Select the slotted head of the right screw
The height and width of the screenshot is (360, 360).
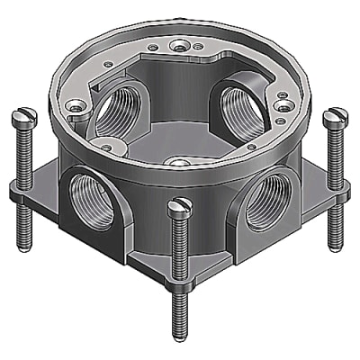(x=337, y=115)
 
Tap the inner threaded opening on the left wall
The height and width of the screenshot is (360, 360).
(x=120, y=116)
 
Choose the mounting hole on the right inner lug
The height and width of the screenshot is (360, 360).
(x=282, y=107)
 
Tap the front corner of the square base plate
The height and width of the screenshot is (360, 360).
(x=180, y=270)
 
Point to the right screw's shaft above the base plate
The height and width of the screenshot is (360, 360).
(x=335, y=153)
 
